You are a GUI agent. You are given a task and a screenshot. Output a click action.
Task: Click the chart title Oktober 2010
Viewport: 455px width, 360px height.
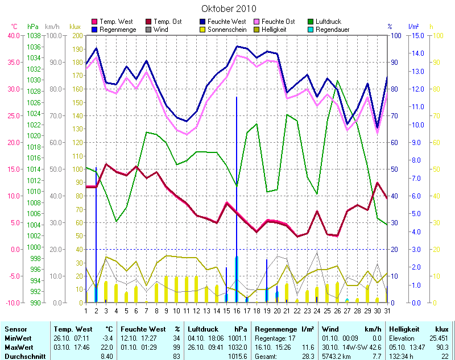(229, 9)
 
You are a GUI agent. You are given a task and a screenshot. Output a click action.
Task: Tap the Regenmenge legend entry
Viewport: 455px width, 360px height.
(118, 29)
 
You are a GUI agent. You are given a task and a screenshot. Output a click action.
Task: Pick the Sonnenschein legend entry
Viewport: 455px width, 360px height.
(226, 29)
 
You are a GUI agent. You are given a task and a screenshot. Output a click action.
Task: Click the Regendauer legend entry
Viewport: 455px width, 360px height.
(337, 29)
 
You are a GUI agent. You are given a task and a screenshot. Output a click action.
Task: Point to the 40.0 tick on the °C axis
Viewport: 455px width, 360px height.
(13, 35)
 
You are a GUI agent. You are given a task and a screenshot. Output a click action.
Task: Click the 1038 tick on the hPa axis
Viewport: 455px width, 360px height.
(33, 35)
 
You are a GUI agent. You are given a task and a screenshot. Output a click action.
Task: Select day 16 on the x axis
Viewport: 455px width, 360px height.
(237, 311)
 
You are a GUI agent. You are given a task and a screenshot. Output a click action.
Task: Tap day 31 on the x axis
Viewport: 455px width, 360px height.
(387, 311)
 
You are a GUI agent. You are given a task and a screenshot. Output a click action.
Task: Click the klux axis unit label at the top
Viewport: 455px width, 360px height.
(75, 26)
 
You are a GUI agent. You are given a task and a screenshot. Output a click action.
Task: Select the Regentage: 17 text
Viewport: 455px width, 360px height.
(275, 338)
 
